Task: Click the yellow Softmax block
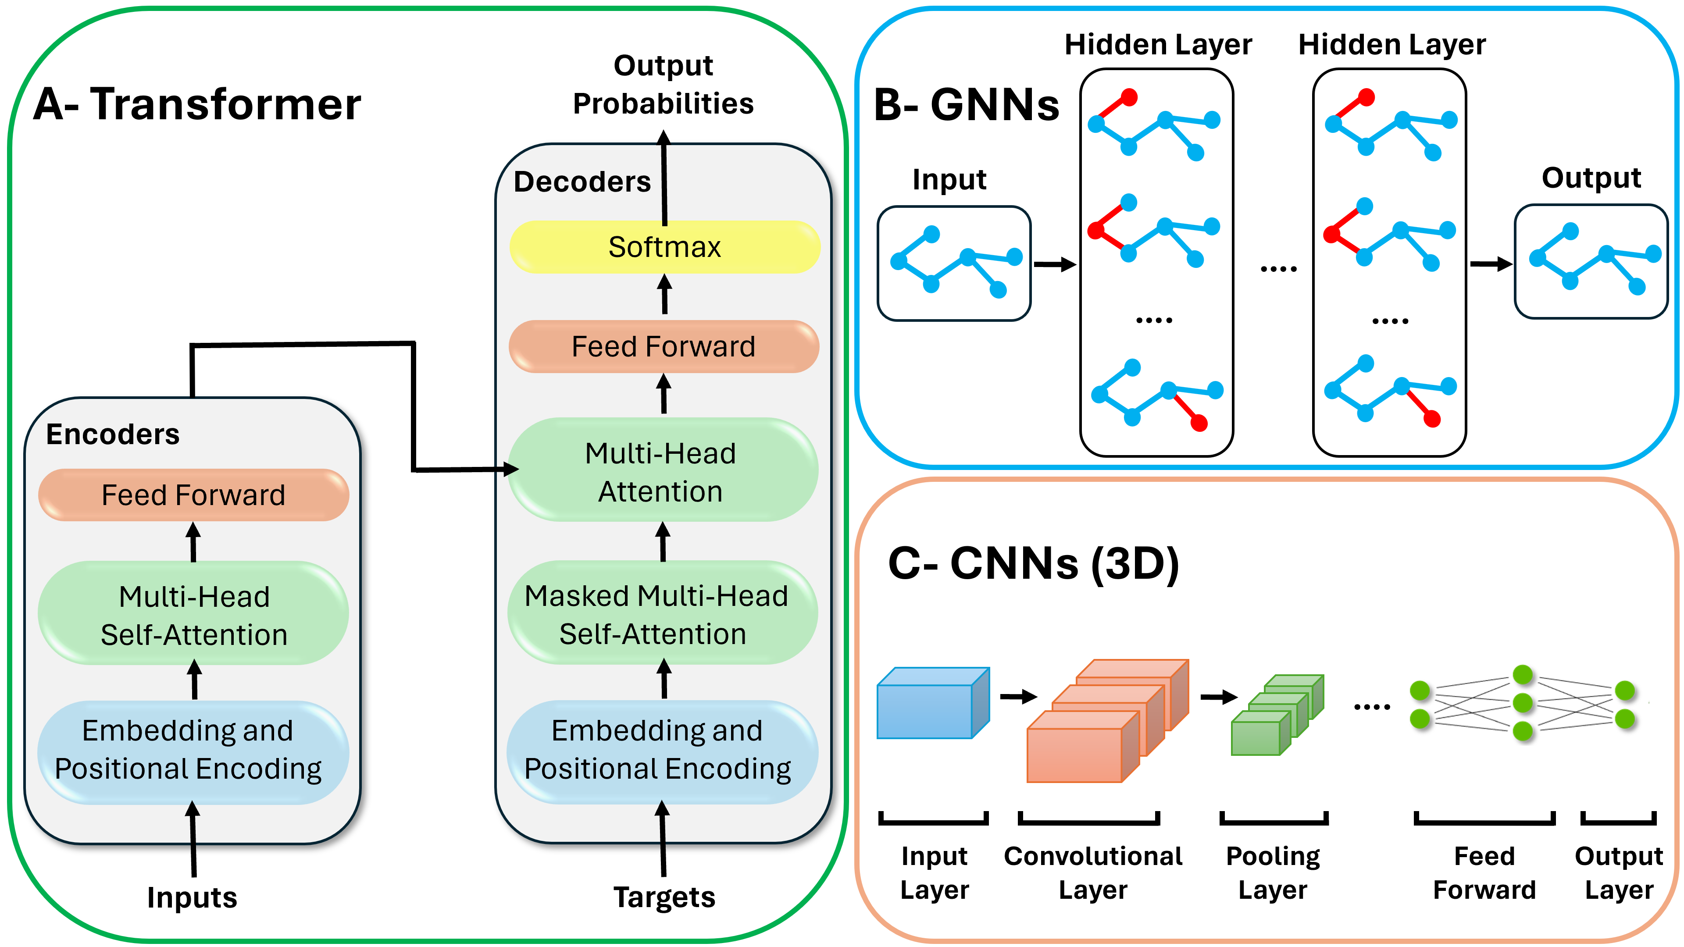pyautogui.click(x=664, y=247)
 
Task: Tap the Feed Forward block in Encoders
pyautogui.click(x=193, y=495)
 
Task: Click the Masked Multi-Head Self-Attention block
pyautogui.click(x=662, y=614)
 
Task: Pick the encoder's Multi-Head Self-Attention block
pyautogui.click(x=193, y=614)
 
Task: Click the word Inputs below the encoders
pyautogui.click(x=192, y=897)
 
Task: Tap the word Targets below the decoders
pyautogui.click(x=664, y=897)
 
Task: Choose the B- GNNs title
pyautogui.click(x=966, y=105)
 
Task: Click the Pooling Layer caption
pyautogui.click(x=1273, y=872)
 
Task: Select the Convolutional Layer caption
pyautogui.click(x=1093, y=872)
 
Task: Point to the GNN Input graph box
pyautogui.click(x=954, y=263)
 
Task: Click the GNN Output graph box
pyautogui.click(x=1591, y=261)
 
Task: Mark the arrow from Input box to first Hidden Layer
pyautogui.click(x=1054, y=265)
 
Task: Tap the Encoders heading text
pyautogui.click(x=112, y=434)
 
